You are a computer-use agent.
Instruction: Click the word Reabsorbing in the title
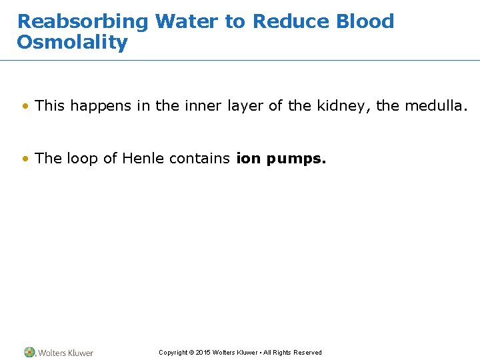click(x=83, y=21)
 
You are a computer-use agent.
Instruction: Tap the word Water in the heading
click(x=187, y=21)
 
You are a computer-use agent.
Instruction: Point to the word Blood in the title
click(x=365, y=21)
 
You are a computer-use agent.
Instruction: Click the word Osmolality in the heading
click(x=72, y=43)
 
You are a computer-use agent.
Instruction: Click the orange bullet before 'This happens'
click(x=25, y=105)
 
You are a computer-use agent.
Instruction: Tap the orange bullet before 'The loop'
click(x=25, y=159)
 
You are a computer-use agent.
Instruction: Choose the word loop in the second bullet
click(x=80, y=159)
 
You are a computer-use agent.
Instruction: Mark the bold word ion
click(x=248, y=159)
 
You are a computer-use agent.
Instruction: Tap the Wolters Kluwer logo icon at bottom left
click(x=30, y=352)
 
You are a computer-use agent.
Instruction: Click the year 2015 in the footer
click(x=203, y=353)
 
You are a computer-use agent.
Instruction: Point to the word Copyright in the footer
click(x=173, y=353)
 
